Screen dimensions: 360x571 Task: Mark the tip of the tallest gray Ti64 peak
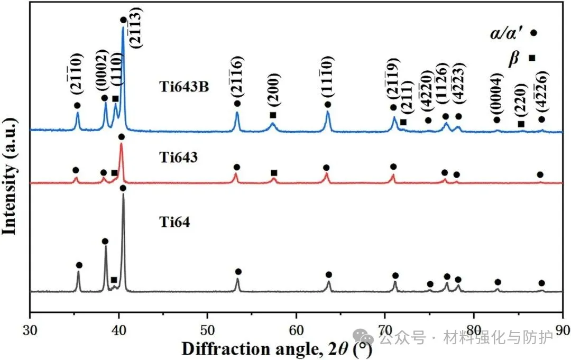point(124,195)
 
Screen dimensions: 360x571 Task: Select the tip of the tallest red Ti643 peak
point(121,144)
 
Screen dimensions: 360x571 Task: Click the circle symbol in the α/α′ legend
point(533,33)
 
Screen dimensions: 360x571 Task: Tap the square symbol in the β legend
point(532,58)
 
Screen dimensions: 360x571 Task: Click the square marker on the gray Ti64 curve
point(114,280)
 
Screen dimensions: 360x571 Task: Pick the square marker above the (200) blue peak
point(273,115)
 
